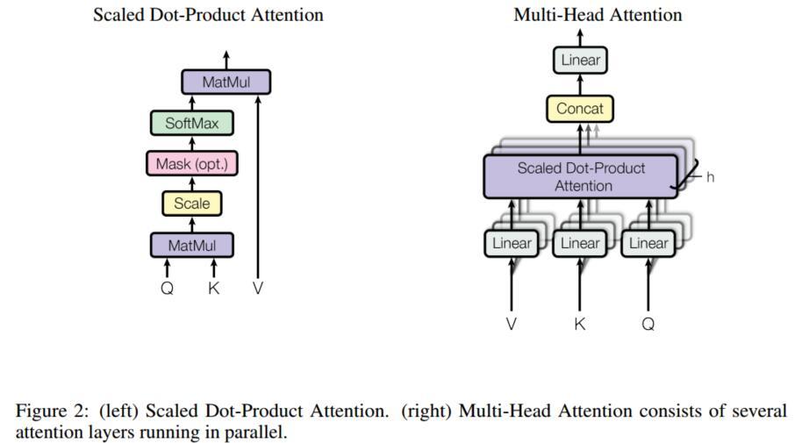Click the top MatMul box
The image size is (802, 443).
click(226, 82)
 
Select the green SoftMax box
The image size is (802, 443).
click(192, 123)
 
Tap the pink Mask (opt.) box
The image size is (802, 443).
click(192, 164)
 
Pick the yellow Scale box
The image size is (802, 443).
click(192, 204)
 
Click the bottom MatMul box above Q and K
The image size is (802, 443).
click(192, 245)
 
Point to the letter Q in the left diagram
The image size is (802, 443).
click(168, 289)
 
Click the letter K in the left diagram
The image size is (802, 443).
click(214, 289)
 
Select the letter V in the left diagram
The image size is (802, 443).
click(258, 289)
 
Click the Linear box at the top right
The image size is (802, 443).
click(580, 60)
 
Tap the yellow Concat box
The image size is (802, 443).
click(580, 109)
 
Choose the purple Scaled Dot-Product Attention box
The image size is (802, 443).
click(581, 177)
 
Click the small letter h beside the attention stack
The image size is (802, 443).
click(710, 177)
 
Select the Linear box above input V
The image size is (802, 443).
click(512, 243)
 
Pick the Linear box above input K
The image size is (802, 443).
click(580, 243)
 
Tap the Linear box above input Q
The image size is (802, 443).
click(648, 243)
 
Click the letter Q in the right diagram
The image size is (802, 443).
click(648, 324)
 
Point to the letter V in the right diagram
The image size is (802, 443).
click(512, 324)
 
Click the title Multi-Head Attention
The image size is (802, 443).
click(598, 15)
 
